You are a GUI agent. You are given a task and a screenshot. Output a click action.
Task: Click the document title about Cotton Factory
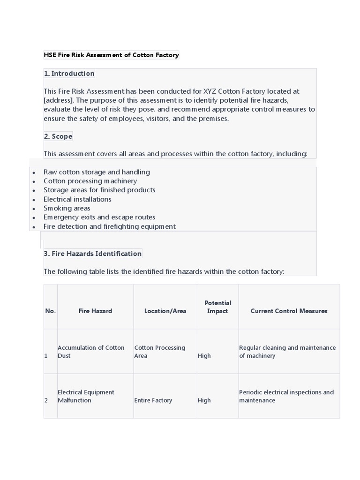(111, 55)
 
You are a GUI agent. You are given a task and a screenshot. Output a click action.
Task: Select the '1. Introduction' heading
(69, 74)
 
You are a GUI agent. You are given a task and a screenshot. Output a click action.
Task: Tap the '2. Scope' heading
(58, 136)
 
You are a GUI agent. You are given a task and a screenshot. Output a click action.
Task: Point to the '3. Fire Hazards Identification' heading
(92, 254)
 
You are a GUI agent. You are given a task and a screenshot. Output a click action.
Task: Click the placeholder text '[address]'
(58, 100)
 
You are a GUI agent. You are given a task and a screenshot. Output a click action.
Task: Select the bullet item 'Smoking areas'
(67, 208)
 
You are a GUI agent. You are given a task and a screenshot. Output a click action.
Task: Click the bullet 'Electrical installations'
(77, 199)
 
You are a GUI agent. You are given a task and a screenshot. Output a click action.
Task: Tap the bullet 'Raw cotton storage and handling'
(97, 172)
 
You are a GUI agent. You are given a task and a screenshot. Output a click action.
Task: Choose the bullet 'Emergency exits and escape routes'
(99, 217)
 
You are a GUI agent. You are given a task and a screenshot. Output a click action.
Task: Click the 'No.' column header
(50, 311)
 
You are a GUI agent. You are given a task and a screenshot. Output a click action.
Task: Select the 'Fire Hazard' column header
(95, 311)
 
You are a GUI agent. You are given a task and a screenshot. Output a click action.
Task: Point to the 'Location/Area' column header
(165, 311)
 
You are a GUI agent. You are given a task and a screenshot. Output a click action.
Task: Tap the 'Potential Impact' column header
(217, 307)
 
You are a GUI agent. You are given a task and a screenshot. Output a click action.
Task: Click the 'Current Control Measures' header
(289, 311)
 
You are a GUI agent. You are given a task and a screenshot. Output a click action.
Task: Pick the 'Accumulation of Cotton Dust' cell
(91, 352)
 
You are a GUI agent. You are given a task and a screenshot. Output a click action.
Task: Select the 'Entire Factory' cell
(153, 400)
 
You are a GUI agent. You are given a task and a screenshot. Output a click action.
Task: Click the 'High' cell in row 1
(204, 356)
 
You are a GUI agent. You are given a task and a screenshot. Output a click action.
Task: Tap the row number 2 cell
(46, 400)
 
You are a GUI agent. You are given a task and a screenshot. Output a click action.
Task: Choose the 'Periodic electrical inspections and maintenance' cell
(286, 396)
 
